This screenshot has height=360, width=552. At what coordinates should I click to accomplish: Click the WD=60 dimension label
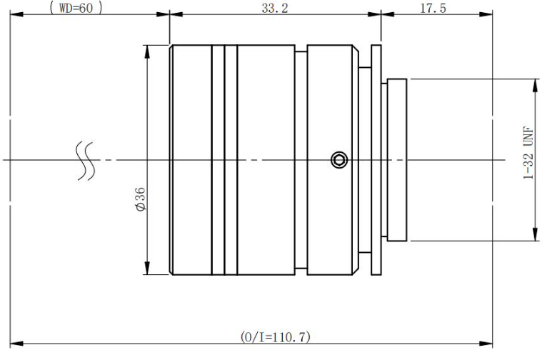(x=76, y=8)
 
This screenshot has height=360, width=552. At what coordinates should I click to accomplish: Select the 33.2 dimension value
(x=275, y=8)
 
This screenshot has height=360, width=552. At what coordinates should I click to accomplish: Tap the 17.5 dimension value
(x=433, y=8)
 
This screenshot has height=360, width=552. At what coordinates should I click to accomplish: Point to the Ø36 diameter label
(x=140, y=199)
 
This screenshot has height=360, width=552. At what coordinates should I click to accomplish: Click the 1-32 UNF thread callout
(x=528, y=153)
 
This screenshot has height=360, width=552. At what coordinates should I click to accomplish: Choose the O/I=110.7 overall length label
(x=276, y=336)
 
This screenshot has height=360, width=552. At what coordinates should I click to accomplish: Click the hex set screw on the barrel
(x=339, y=159)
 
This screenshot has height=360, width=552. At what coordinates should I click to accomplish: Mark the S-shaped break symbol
(x=86, y=161)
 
